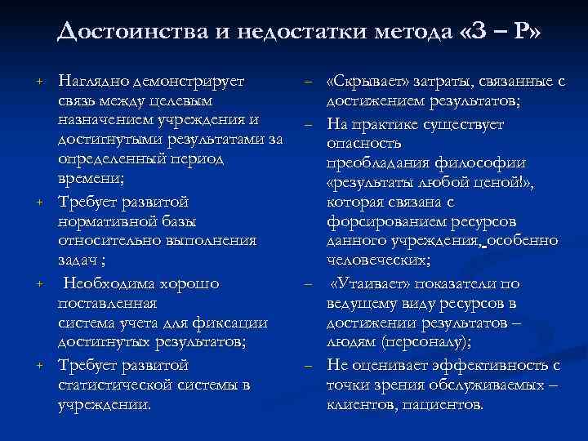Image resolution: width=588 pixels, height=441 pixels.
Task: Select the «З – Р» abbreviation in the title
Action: [x=500, y=32]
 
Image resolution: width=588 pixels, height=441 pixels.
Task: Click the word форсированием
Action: [x=381, y=221]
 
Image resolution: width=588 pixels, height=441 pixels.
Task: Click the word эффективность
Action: [x=483, y=365]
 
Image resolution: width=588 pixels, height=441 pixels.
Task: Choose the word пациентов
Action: [x=444, y=404]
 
